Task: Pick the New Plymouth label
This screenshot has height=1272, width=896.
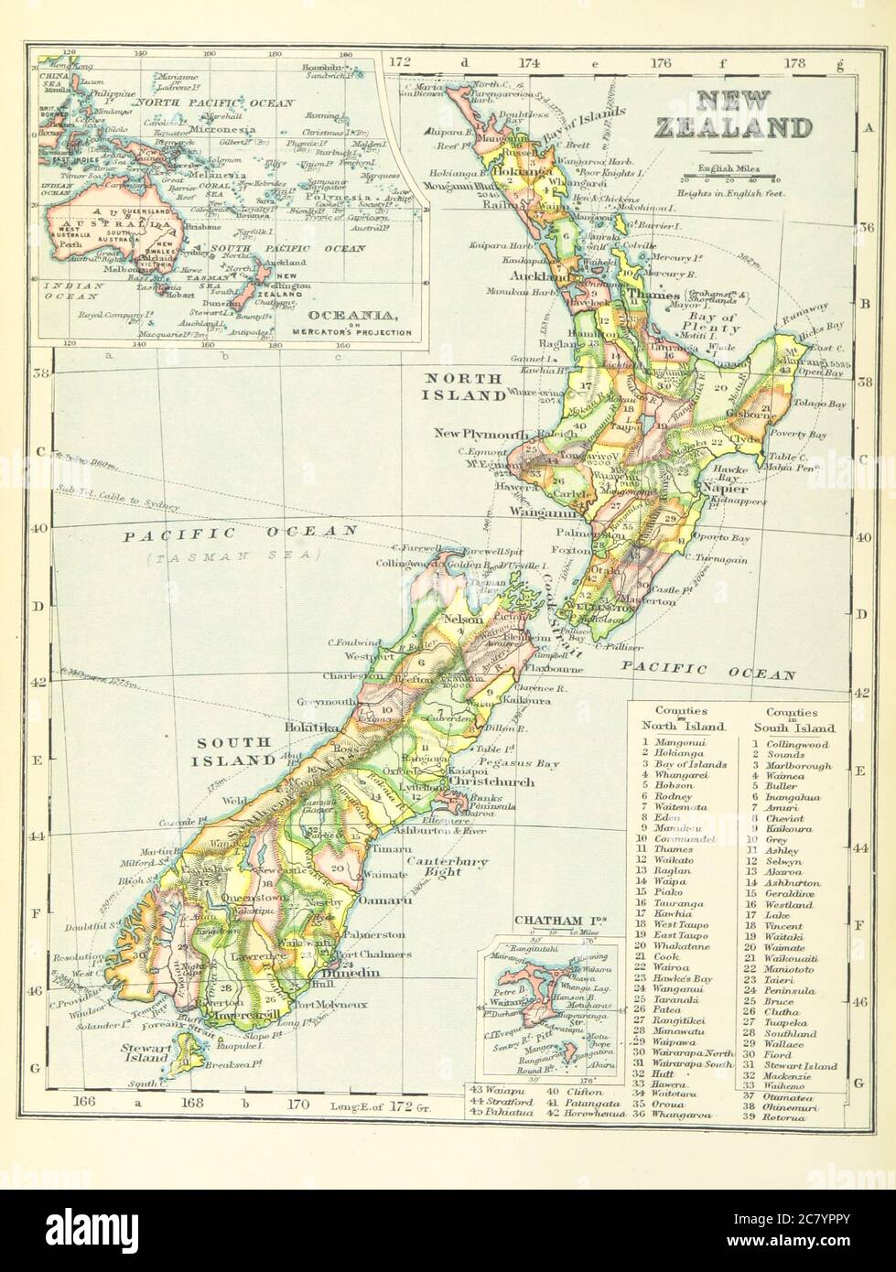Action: point(477,433)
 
